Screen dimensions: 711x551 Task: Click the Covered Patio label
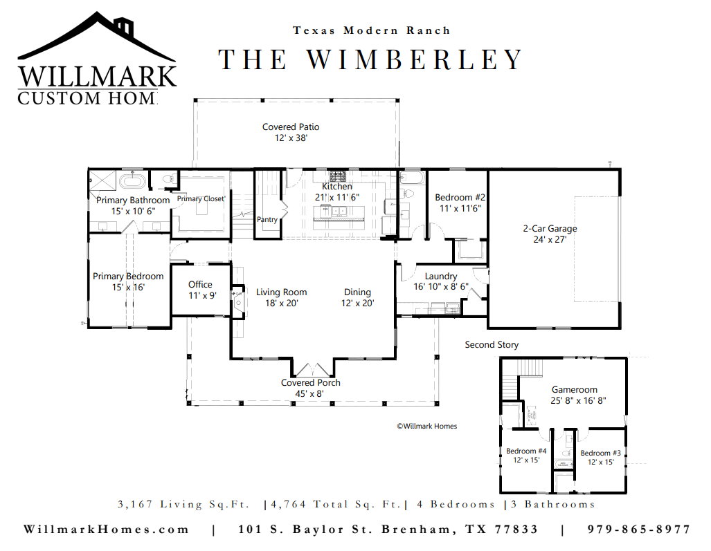[291, 127]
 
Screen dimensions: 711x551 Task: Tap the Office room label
[200, 284]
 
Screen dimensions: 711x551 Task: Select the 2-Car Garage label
[550, 229]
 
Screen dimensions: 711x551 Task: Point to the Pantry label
[267, 220]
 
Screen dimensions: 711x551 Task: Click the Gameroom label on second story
[575, 389]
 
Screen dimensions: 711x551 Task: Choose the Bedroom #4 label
[526, 451]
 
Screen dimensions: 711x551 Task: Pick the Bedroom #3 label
[601, 453]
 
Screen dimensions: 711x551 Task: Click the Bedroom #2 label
[460, 198]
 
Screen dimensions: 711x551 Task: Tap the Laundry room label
[441, 276]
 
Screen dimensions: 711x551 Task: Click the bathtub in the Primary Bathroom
[132, 181]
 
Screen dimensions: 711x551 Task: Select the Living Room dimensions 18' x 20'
[282, 303]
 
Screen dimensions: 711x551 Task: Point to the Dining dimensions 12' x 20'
[357, 303]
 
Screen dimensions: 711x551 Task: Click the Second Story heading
[492, 345]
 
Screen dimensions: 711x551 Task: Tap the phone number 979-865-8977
[639, 530]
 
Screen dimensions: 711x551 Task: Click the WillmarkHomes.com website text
[106, 530]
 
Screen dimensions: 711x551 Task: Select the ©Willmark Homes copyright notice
[426, 426]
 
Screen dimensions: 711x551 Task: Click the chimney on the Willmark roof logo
[123, 26]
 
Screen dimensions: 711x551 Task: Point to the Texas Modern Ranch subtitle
[371, 30]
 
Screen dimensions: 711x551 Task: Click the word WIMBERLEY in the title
[415, 59]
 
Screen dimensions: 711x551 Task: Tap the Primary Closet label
[201, 198]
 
